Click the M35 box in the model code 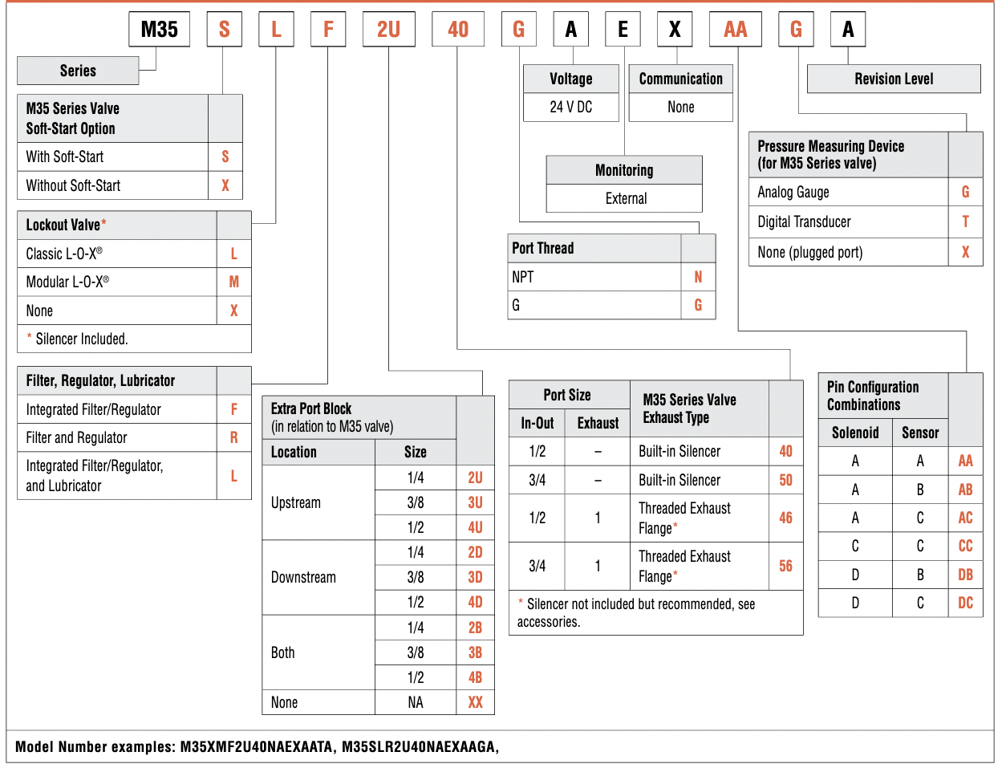[x=159, y=30]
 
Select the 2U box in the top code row [x=388, y=30]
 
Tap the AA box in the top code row [x=735, y=30]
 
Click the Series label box [x=78, y=71]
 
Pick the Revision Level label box [x=894, y=79]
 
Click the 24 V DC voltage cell [x=570, y=107]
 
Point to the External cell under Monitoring [x=625, y=198]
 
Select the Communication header [x=680, y=79]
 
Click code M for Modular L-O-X [x=233, y=282]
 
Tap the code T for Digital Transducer [x=965, y=222]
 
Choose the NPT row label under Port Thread [x=522, y=277]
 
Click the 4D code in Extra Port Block [x=475, y=602]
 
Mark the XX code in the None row [x=475, y=702]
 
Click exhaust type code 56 [x=785, y=566]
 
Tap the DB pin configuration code [x=965, y=574]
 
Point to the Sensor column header [x=920, y=433]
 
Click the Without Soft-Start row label [x=73, y=185]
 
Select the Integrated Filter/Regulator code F [x=233, y=409]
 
